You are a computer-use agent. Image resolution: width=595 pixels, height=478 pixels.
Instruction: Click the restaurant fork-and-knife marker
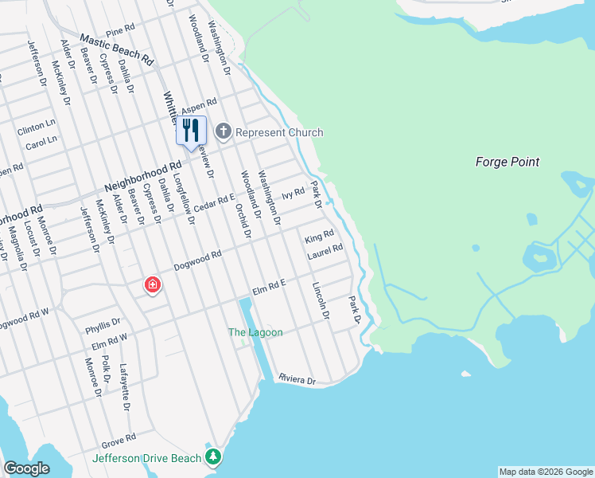coord(190,130)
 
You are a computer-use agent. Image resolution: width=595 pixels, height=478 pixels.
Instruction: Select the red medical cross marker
coord(151,284)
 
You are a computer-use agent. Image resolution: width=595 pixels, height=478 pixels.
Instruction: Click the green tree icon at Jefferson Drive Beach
coord(212,456)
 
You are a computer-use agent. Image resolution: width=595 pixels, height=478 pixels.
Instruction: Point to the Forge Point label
coord(507,162)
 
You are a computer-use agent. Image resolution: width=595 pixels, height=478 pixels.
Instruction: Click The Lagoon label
coord(255,332)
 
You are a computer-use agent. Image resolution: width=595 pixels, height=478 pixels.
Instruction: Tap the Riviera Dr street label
coord(297,380)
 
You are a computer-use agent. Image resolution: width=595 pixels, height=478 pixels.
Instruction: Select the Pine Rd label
coord(120,30)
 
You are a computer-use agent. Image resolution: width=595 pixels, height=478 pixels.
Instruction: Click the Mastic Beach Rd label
coord(117,49)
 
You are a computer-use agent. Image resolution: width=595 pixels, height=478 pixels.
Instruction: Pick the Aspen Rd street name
coord(199,106)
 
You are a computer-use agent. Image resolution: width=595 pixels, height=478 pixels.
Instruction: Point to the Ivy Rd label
coord(294,194)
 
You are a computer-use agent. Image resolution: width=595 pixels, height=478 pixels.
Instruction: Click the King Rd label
coord(318,237)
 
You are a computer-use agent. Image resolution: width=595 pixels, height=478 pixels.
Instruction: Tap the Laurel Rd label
coord(325,250)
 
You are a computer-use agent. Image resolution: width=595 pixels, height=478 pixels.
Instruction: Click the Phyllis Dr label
coord(103,325)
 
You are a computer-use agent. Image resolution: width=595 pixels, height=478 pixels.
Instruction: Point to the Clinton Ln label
coord(37,126)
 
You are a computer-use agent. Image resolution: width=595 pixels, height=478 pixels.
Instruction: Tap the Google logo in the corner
coord(28,468)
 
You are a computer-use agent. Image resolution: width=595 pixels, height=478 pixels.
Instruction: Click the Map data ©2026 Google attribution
coord(545,472)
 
